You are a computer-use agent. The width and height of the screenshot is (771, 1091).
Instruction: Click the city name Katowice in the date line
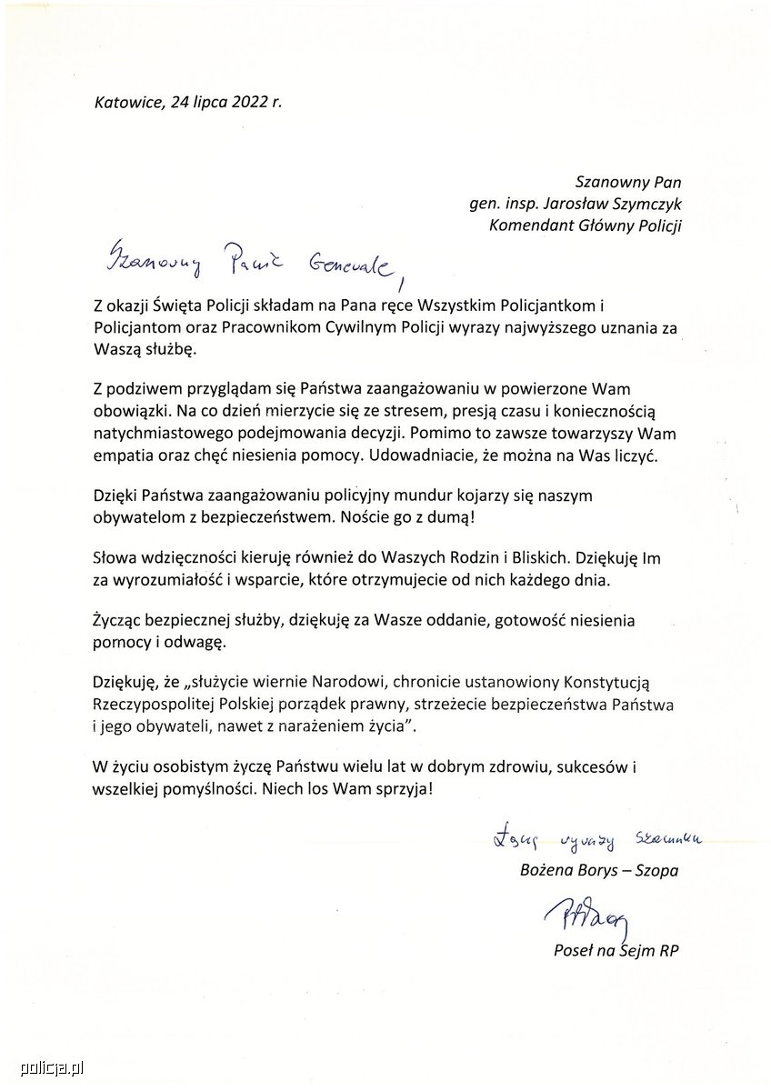click(127, 102)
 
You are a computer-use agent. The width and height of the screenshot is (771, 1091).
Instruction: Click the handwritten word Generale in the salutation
click(350, 265)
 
